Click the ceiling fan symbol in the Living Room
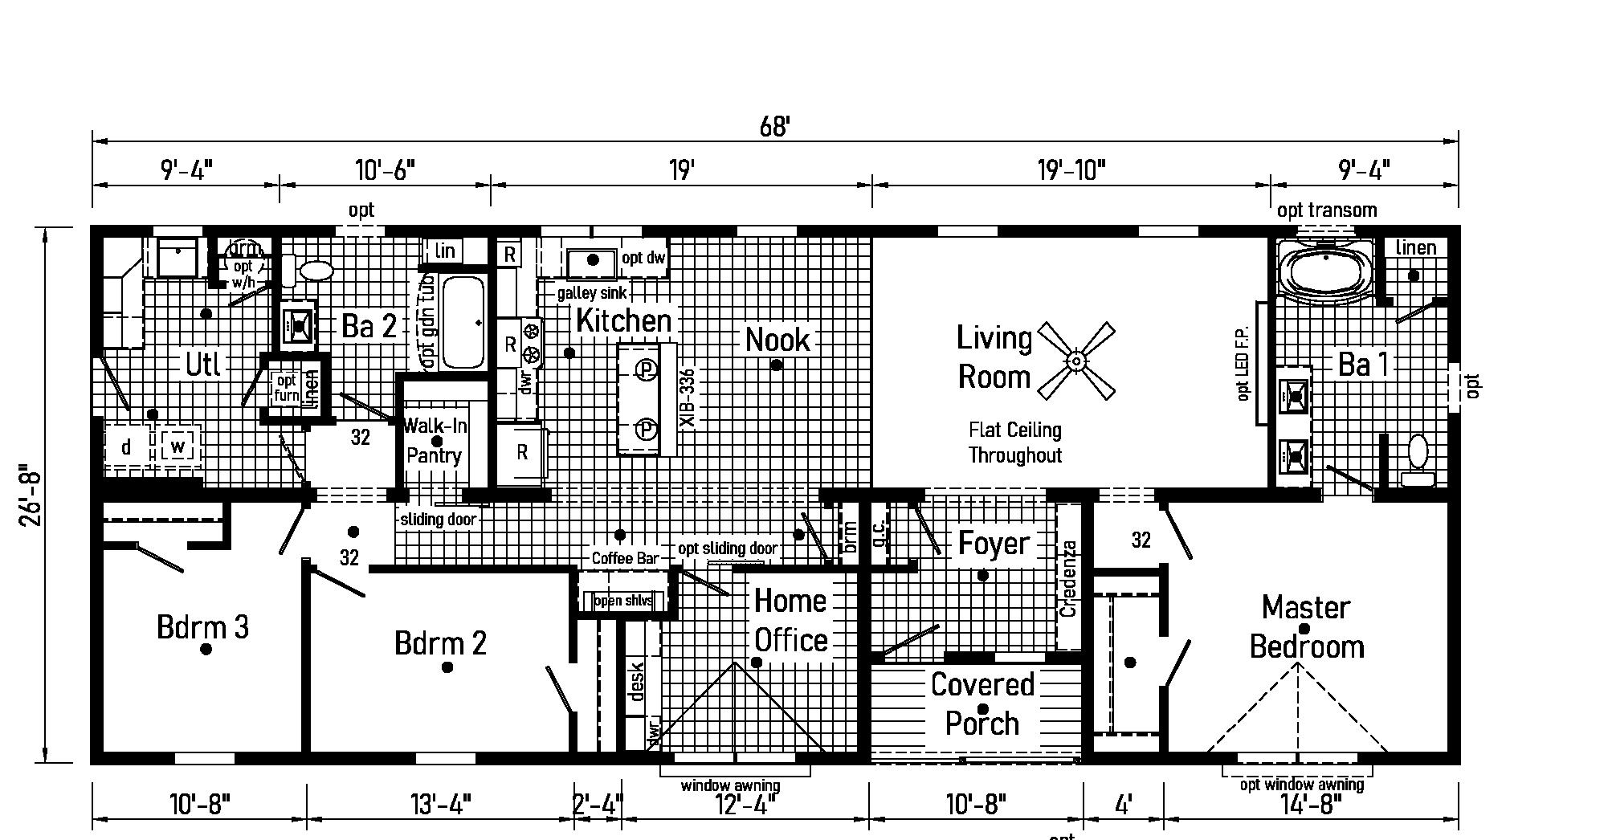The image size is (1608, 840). tap(1076, 361)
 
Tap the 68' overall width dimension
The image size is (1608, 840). tap(775, 127)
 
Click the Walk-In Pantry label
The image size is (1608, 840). tap(435, 441)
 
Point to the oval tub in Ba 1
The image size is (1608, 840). tap(1326, 273)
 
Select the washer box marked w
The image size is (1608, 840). tap(178, 446)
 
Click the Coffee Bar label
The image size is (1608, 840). tap(625, 558)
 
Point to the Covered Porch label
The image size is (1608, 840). tap(982, 703)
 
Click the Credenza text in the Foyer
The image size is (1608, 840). tap(1068, 578)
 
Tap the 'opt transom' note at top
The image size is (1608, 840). tap(1327, 210)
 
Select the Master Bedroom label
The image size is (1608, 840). tap(1306, 626)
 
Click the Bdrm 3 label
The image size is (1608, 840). tap(202, 626)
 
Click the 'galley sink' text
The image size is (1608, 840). tap(592, 293)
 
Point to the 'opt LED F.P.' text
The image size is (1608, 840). tap(1243, 364)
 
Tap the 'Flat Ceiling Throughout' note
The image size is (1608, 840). tap(1014, 442)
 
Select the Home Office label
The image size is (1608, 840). tap(790, 620)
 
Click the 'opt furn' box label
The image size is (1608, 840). tap(287, 388)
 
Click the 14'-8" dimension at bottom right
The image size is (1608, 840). tap(1307, 803)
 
